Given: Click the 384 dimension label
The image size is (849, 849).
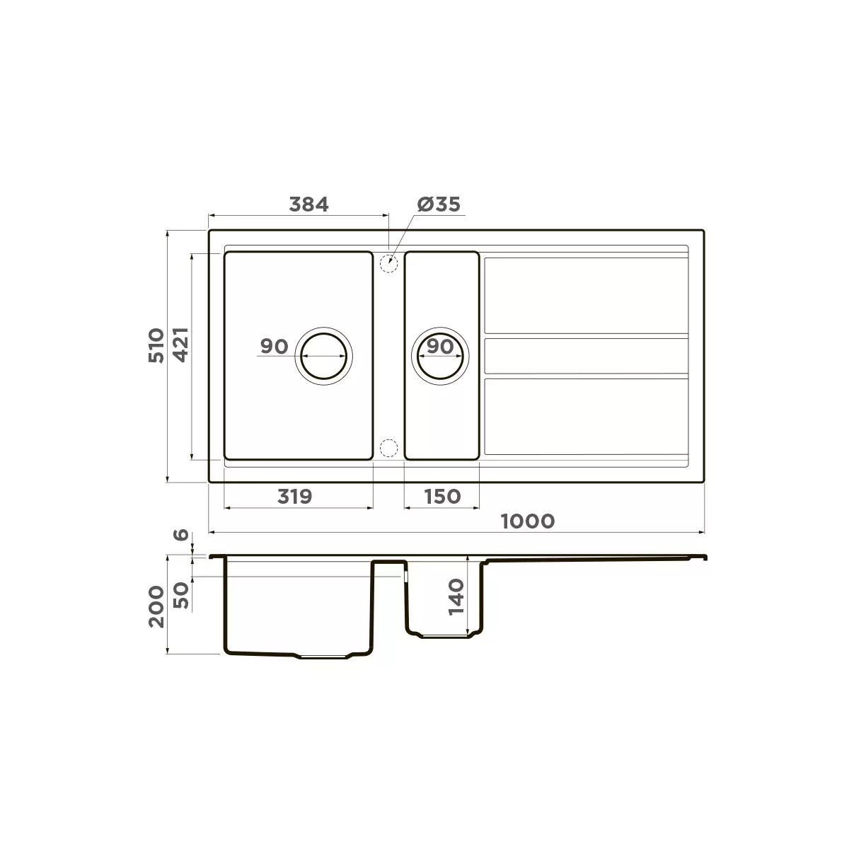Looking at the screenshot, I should [x=309, y=204].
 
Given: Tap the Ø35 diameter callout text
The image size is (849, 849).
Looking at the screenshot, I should [x=439, y=204].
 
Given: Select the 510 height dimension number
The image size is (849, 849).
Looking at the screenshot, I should [x=156, y=345].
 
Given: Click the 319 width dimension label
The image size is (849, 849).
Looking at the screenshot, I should [x=294, y=497].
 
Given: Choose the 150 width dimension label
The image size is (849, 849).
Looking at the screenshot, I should [x=442, y=497].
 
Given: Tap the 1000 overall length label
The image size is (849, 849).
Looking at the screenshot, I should [x=527, y=521].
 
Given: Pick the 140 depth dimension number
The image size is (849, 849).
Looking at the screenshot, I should [x=456, y=596].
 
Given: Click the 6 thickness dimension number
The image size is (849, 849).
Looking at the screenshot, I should [x=181, y=536].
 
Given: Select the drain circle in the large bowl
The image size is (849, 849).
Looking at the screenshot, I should [x=325, y=356].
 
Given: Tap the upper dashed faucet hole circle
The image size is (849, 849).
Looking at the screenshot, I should [x=388, y=264].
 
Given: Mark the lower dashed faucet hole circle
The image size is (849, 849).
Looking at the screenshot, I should [x=388, y=448].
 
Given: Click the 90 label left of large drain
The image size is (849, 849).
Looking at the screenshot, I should [x=274, y=347].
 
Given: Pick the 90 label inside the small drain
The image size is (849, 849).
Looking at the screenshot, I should [x=440, y=347].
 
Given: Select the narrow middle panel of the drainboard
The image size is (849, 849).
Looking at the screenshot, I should [x=586, y=356].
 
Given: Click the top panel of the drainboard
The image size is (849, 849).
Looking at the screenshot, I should [x=586, y=295].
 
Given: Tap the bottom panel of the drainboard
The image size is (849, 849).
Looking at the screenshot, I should [x=586, y=416].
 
